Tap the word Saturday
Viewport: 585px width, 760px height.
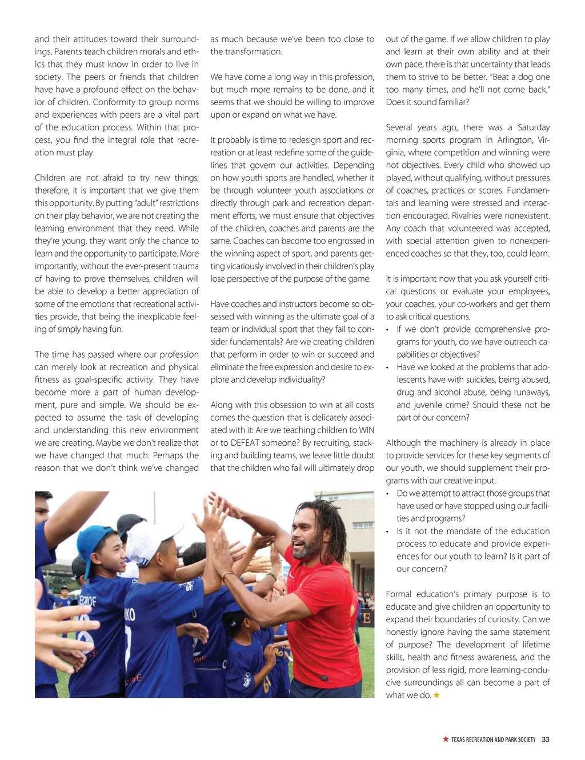click(533, 127)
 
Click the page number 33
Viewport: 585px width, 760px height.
click(546, 739)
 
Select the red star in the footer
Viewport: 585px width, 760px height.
click(446, 739)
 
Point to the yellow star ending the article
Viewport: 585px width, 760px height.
click(437, 695)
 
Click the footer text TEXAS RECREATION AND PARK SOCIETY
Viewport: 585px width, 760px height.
click(493, 739)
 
